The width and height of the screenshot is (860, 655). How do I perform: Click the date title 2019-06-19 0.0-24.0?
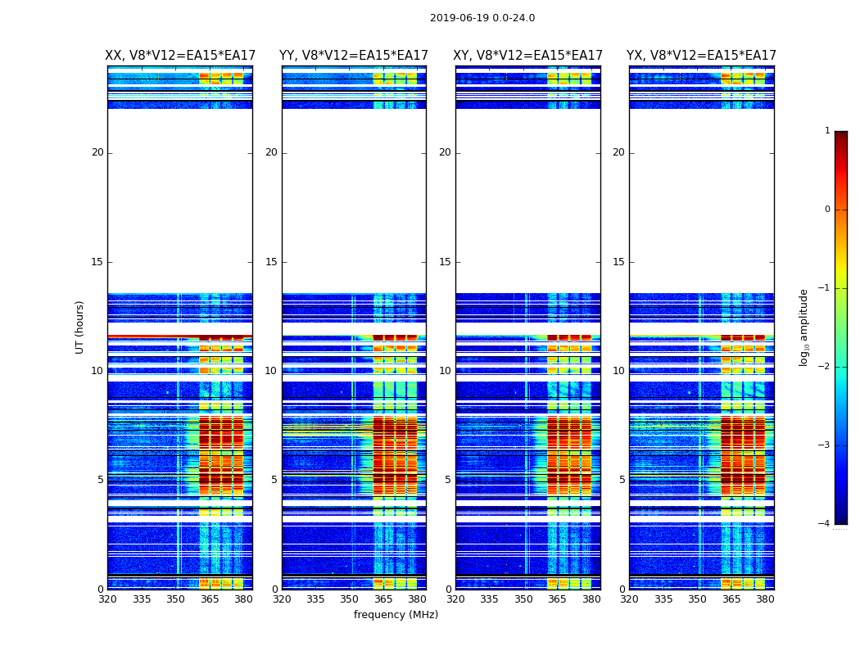(482, 18)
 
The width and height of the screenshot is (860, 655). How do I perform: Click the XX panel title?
(180, 56)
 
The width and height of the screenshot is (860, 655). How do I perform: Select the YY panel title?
(354, 56)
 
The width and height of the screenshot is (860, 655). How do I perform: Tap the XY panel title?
(528, 56)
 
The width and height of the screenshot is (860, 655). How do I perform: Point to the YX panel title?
(701, 56)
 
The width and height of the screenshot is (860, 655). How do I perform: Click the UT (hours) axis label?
(80, 327)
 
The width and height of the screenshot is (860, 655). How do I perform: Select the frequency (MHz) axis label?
(396, 615)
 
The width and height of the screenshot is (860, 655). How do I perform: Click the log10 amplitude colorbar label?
(803, 327)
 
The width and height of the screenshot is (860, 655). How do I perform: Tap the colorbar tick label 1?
(826, 131)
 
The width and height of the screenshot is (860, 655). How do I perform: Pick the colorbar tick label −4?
(824, 524)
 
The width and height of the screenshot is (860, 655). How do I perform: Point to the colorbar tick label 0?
(826, 210)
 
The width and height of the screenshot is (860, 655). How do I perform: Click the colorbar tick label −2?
(824, 367)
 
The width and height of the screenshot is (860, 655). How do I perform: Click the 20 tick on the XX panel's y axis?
(97, 152)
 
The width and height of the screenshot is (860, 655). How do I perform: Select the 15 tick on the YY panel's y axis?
(271, 262)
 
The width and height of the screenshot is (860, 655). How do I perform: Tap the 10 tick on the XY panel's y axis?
(445, 371)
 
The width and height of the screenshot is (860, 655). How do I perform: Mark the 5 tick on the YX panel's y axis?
(622, 480)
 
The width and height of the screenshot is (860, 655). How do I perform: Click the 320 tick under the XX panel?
(107, 599)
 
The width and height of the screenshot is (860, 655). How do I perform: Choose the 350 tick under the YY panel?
(350, 599)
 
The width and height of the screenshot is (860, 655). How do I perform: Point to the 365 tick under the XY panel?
(557, 599)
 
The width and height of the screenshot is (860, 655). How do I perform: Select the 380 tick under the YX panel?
(765, 599)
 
